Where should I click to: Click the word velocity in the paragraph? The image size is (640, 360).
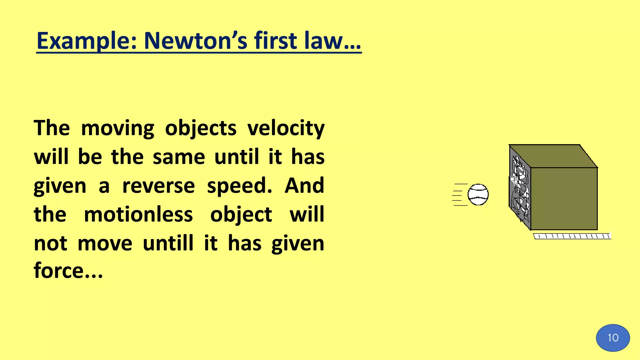[x=286, y=128]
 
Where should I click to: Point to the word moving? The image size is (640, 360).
[x=117, y=128]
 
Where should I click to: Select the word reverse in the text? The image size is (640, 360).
[x=158, y=186]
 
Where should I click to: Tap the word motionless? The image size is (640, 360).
[x=138, y=214]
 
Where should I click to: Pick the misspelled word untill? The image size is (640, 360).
[x=168, y=243]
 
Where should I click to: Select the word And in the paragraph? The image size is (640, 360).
[x=304, y=186]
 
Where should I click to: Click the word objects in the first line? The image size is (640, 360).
[x=201, y=128]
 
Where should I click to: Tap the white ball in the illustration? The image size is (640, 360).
[x=478, y=194]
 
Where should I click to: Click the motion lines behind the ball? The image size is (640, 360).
[x=459, y=195]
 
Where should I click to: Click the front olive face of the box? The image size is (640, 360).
[x=564, y=199]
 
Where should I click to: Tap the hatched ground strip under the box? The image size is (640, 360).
[x=572, y=236]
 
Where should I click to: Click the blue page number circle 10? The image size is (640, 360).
[x=613, y=338]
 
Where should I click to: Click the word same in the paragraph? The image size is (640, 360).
[x=179, y=157]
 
